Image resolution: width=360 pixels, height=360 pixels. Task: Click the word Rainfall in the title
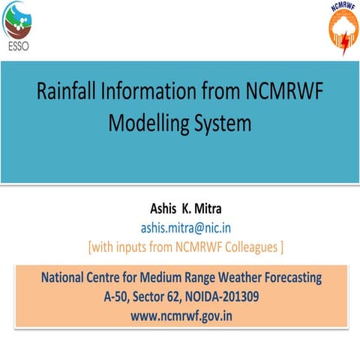pos(70,94)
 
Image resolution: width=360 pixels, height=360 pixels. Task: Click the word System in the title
pos(221,121)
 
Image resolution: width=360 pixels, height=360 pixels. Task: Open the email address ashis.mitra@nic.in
pos(180,227)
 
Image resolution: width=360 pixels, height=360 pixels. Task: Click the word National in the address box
pos(64,278)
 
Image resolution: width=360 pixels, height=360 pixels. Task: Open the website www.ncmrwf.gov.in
pos(181,316)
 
